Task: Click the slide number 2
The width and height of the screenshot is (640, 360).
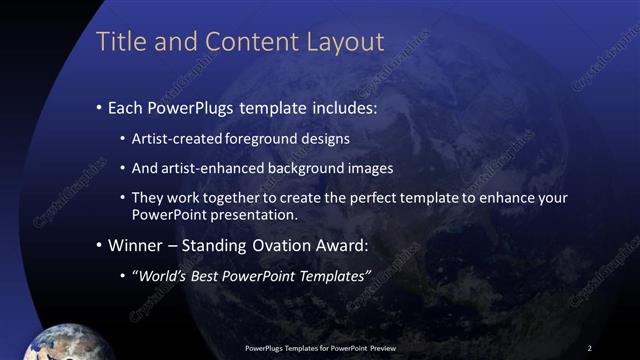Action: click(590, 347)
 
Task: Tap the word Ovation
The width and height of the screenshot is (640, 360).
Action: click(290, 244)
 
